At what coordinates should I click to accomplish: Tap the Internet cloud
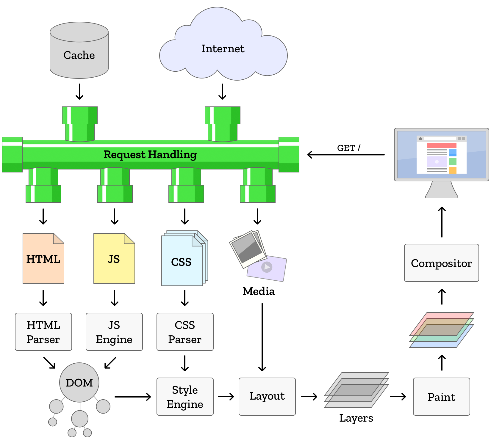223,49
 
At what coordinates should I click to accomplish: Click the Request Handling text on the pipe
150,155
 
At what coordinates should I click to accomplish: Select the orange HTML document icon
43,259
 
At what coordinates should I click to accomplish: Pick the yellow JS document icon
114,259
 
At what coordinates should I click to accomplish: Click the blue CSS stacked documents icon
182,262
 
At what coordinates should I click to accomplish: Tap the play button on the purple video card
267,267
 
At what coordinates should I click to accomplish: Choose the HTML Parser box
43,332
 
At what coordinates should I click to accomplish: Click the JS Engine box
114,332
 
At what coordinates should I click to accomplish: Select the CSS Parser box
185,332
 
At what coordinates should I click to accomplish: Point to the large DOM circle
79,382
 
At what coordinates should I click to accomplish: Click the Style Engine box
185,397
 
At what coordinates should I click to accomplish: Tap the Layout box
267,397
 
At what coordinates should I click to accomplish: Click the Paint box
441,397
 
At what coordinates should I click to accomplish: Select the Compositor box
441,263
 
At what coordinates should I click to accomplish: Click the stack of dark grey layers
356,390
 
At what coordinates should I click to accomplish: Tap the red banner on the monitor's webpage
441,146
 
